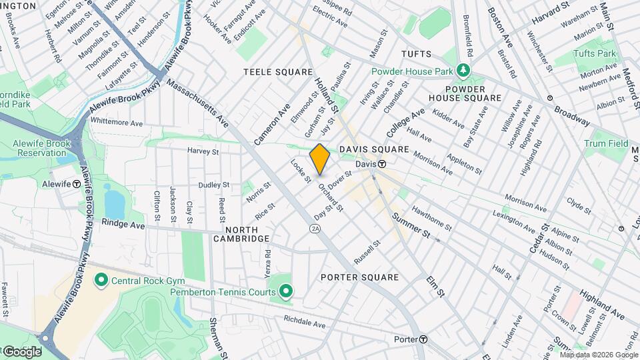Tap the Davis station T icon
(x=382, y=164)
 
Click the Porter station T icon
(x=423, y=339)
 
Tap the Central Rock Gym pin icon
(x=101, y=278)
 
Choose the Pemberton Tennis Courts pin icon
(x=286, y=291)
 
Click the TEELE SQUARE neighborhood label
(x=278, y=72)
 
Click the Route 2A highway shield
(x=315, y=229)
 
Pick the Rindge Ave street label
(x=123, y=225)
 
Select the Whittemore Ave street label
(x=117, y=123)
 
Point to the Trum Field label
(x=606, y=143)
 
